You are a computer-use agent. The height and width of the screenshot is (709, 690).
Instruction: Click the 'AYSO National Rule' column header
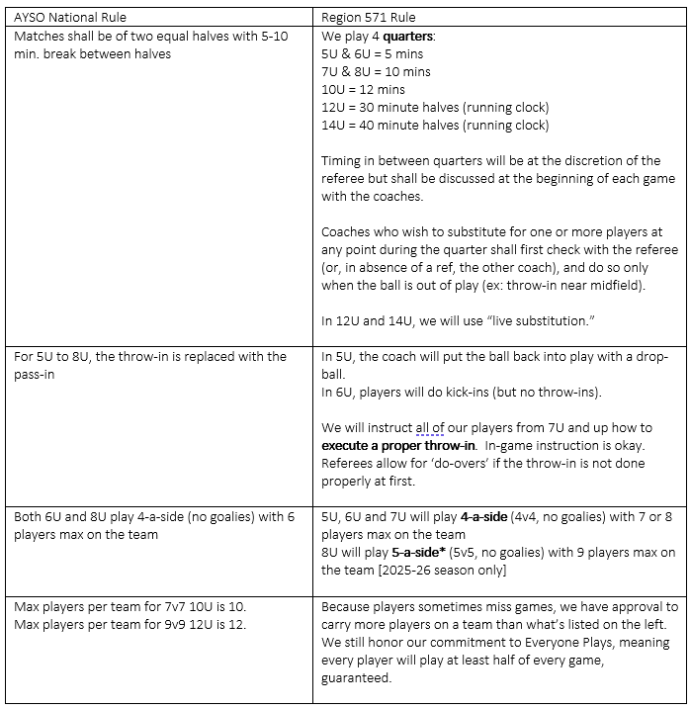click(x=69, y=17)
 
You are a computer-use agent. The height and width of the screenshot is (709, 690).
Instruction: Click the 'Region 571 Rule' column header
click(x=370, y=17)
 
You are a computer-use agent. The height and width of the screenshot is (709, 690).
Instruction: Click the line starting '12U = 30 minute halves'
click(x=435, y=107)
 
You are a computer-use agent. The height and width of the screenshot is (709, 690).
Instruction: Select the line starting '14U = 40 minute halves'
click(x=435, y=126)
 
